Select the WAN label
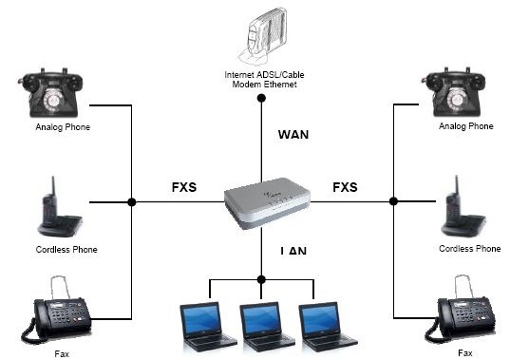tap(293, 134)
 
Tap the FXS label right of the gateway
tap(346, 186)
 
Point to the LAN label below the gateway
tap(293, 251)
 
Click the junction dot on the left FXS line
tap(131, 201)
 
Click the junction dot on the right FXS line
tap(392, 201)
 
